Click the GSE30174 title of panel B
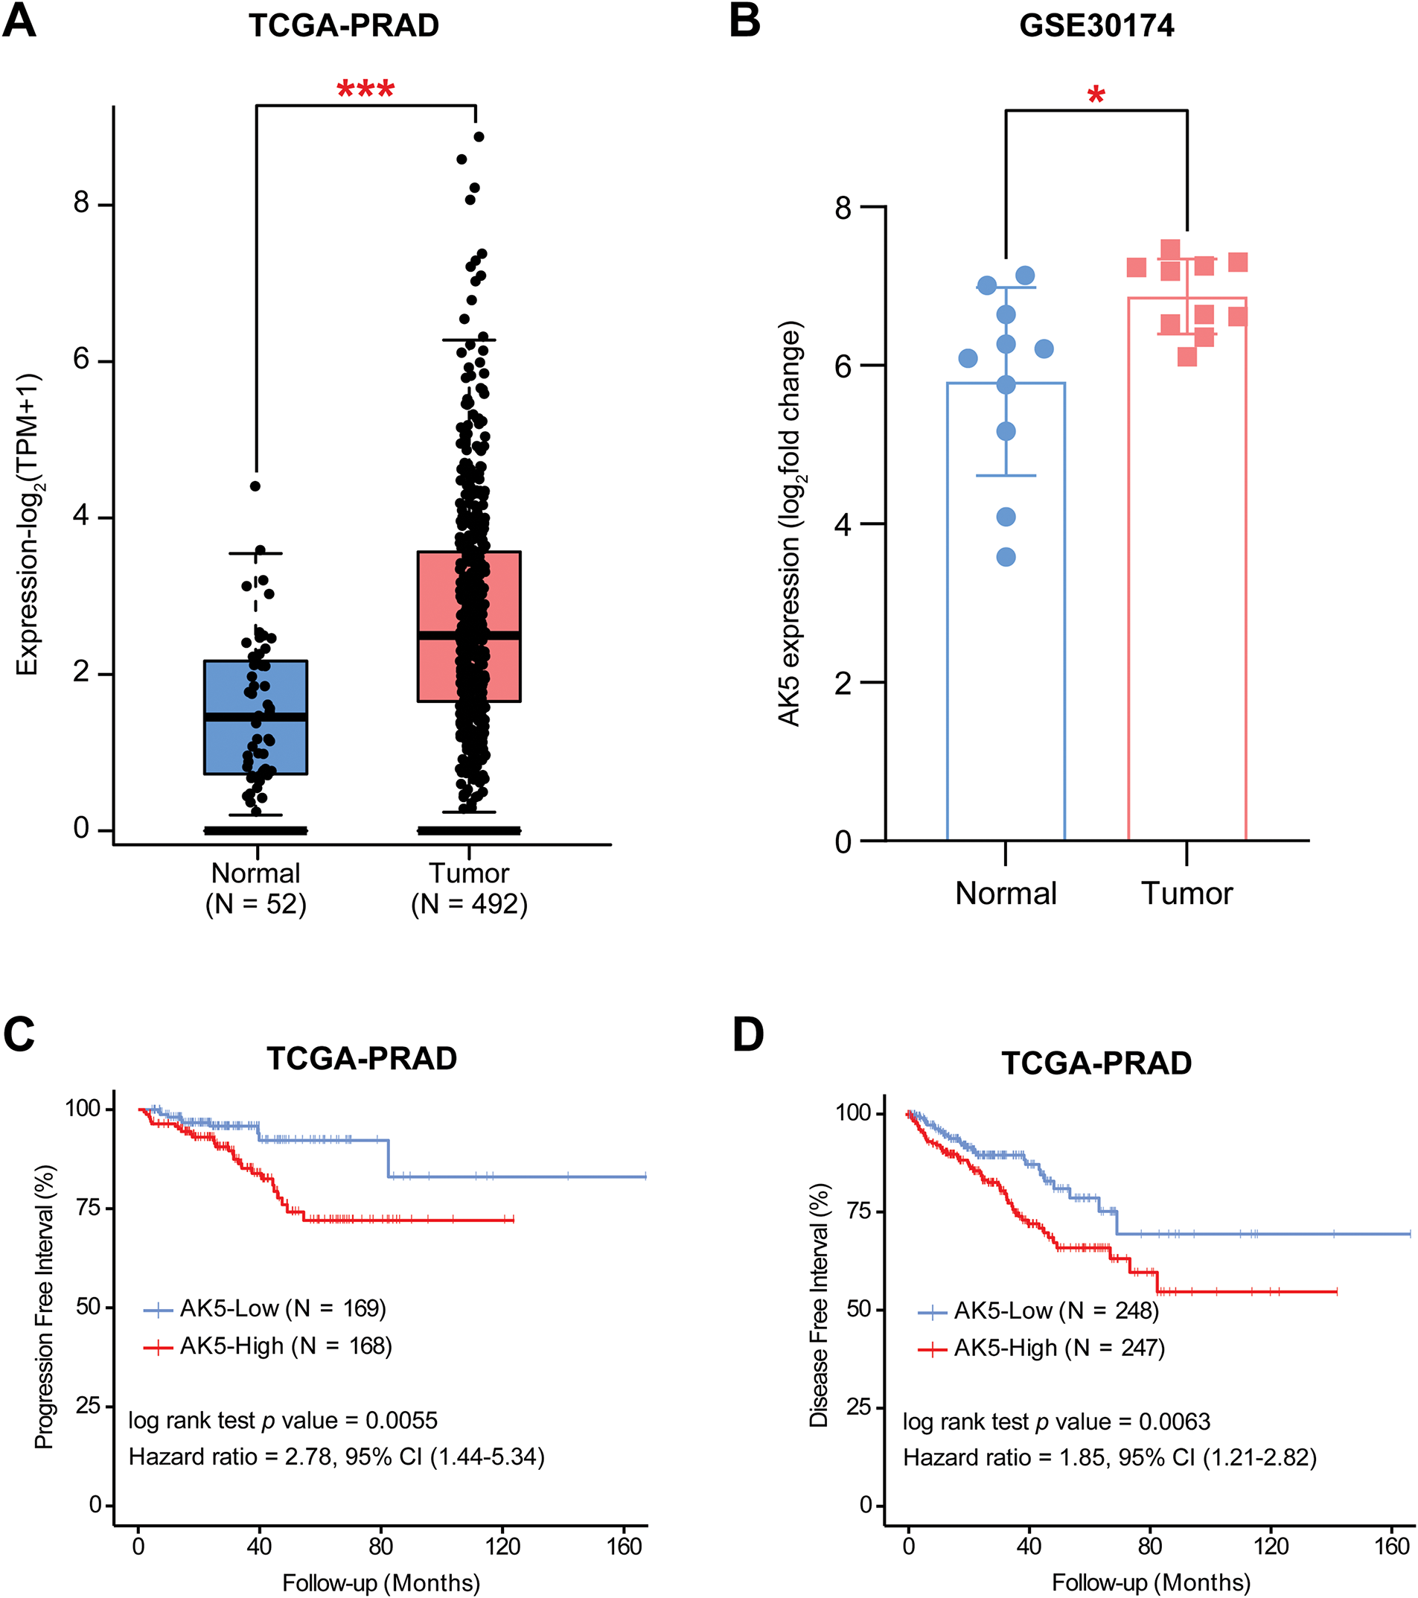[1096, 26]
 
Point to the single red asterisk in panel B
[1096, 96]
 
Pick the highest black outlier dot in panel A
[479, 137]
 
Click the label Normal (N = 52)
[255, 889]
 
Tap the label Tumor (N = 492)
[469, 889]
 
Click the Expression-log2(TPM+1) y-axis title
[28, 523]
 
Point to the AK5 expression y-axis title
[790, 523]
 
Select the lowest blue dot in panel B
[1006, 558]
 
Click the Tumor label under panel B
[1187, 894]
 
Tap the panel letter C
[19, 1034]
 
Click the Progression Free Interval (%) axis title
[45, 1305]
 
